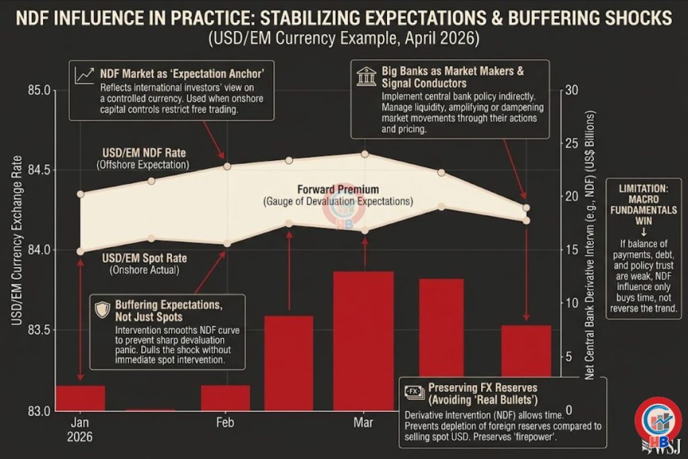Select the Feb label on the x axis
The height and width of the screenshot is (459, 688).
(225, 423)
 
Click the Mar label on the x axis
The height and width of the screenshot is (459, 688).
(363, 423)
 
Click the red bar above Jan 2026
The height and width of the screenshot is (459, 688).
(81, 397)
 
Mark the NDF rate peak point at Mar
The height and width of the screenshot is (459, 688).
(365, 154)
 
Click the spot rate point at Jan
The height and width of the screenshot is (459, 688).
(81, 251)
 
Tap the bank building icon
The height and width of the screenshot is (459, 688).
(367, 75)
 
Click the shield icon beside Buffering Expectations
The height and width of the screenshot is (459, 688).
(103, 309)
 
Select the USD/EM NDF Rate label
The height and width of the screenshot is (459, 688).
(142, 152)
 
